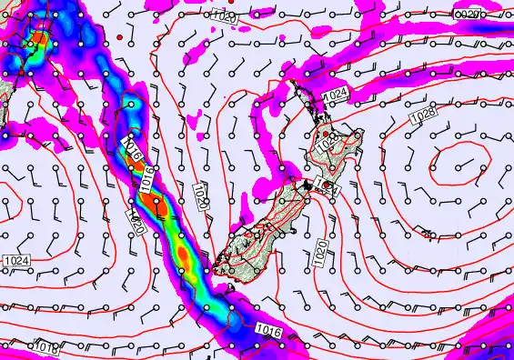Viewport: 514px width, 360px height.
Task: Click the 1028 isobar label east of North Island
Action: click(421, 116)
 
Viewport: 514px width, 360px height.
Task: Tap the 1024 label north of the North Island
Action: click(335, 95)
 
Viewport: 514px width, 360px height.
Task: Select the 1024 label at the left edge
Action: click(16, 261)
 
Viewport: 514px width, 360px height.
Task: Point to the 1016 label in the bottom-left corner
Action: click(45, 347)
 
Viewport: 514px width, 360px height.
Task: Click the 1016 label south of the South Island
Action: click(268, 329)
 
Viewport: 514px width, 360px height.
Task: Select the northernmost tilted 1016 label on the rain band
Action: click(130, 145)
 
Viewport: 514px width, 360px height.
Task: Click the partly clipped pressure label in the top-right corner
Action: click(467, 15)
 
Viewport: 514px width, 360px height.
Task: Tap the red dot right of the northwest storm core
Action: click(119, 37)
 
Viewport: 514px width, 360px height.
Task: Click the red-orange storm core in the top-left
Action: click(38, 40)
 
